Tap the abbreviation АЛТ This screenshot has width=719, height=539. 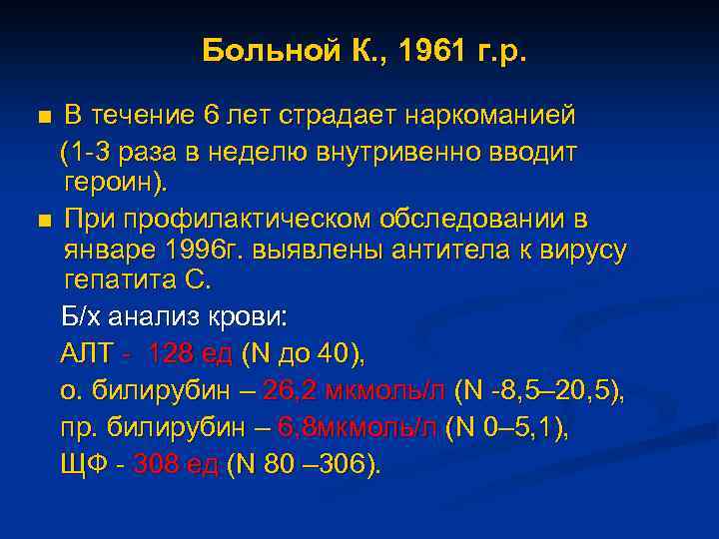click(x=87, y=353)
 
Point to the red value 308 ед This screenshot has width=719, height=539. click(x=176, y=465)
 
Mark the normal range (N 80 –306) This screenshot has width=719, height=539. click(x=305, y=465)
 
